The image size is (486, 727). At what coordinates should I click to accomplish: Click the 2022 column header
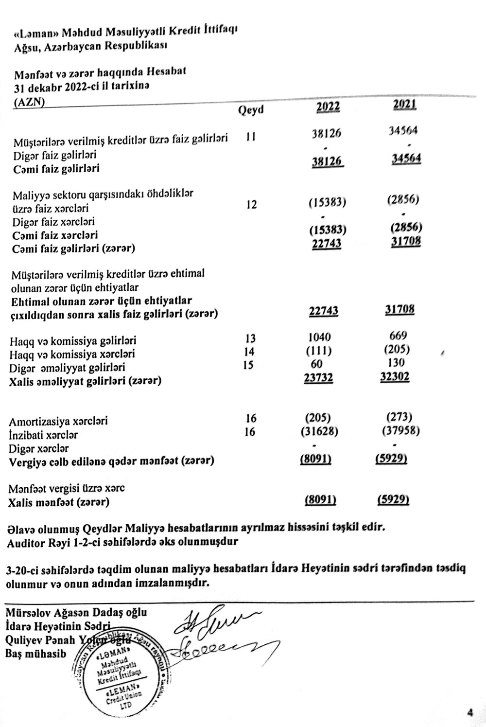(328, 107)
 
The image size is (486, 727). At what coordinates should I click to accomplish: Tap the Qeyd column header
(251, 110)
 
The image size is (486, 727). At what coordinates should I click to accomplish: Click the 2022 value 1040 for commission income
(320, 337)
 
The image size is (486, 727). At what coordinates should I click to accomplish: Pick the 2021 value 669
(399, 336)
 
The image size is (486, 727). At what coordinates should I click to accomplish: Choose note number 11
(251, 137)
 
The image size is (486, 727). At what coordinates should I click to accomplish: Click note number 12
(251, 205)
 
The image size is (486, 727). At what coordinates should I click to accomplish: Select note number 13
(250, 338)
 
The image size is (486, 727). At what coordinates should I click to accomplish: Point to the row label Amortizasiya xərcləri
(59, 421)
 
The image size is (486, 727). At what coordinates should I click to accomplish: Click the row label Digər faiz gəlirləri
(54, 156)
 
